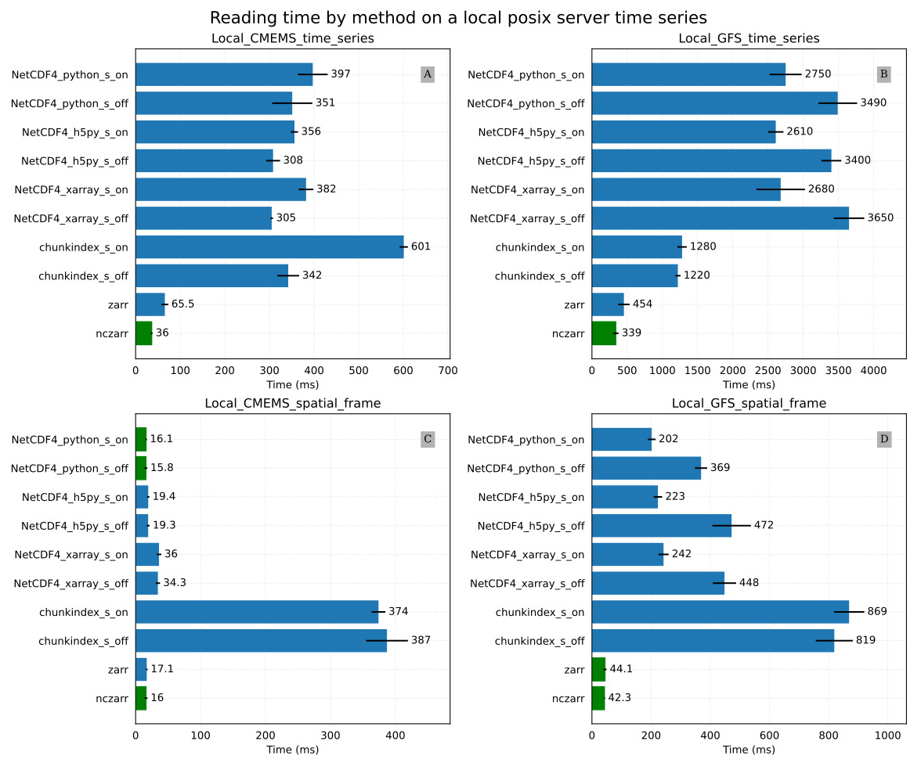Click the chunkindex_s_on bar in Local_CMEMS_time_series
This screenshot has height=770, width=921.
269,247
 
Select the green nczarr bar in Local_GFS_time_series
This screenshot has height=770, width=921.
604,333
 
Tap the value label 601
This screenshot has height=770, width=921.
421,247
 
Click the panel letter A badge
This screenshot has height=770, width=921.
427,75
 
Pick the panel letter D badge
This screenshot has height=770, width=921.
884,439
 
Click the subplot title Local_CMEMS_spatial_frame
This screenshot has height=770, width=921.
293,404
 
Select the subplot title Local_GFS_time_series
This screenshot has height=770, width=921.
749,38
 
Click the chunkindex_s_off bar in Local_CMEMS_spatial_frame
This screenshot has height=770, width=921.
261,641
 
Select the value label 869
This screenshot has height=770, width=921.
877,611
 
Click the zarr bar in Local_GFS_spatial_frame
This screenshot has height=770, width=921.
598,669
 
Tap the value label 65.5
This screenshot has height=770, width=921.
182,304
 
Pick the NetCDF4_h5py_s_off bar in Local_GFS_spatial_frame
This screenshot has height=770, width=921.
661,525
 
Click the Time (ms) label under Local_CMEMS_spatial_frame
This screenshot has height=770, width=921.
293,750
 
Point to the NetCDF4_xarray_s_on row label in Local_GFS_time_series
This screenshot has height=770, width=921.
528,189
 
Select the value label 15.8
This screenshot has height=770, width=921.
163,468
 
